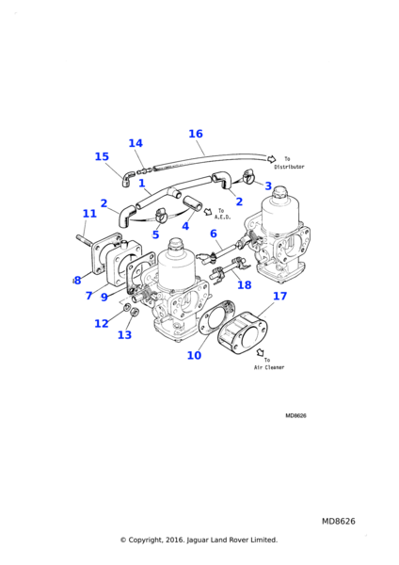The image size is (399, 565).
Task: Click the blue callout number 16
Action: point(196,134)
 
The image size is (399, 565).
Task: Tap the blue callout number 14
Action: point(136,143)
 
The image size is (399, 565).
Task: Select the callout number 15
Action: point(102,156)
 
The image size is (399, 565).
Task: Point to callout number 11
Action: point(89,214)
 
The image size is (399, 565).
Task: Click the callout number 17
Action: point(279,297)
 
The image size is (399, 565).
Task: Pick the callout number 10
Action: point(194,356)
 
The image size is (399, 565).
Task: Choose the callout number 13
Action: point(124,335)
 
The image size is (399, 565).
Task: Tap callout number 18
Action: point(244,285)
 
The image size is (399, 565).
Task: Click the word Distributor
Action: point(289,167)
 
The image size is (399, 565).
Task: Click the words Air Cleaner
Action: point(269,367)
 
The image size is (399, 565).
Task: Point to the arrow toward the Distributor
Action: point(271,159)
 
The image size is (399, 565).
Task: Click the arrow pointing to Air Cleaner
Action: point(261,352)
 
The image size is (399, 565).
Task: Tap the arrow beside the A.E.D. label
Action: point(208,212)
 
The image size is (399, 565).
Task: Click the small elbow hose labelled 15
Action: point(127,179)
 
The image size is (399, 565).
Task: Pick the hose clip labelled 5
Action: point(159,215)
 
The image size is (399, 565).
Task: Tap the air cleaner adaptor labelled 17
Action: point(243,333)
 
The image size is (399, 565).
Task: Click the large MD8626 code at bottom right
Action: point(339,522)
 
